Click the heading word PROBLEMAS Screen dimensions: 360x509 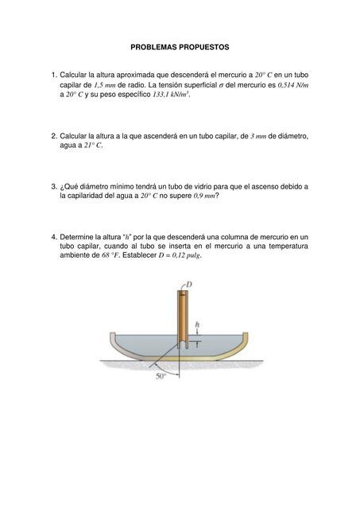pyautogui.click(x=156, y=48)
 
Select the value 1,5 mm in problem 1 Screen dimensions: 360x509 pyautogui.click(x=107, y=84)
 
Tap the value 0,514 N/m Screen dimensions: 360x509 pyautogui.click(x=292, y=84)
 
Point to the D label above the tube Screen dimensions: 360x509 pyautogui.click(x=188, y=284)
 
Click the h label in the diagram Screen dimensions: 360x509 pyautogui.click(x=197, y=324)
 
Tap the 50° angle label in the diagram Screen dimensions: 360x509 pyautogui.click(x=161, y=376)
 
